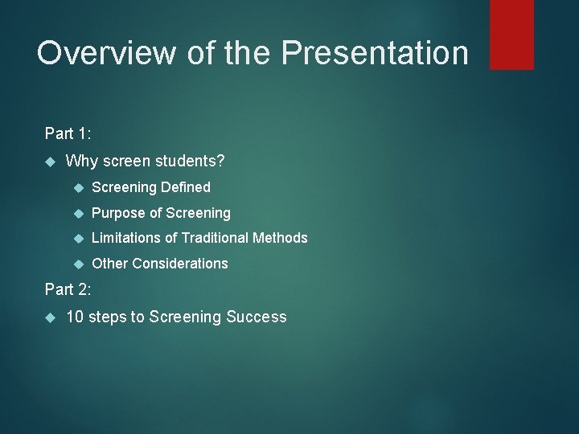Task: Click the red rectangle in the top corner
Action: click(511, 34)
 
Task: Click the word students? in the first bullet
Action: click(193, 162)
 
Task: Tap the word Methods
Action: click(281, 238)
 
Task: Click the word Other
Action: click(110, 264)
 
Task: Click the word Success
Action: click(257, 317)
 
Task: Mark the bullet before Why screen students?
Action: click(48, 162)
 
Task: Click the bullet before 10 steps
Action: click(48, 317)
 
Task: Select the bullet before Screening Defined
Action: click(78, 188)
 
